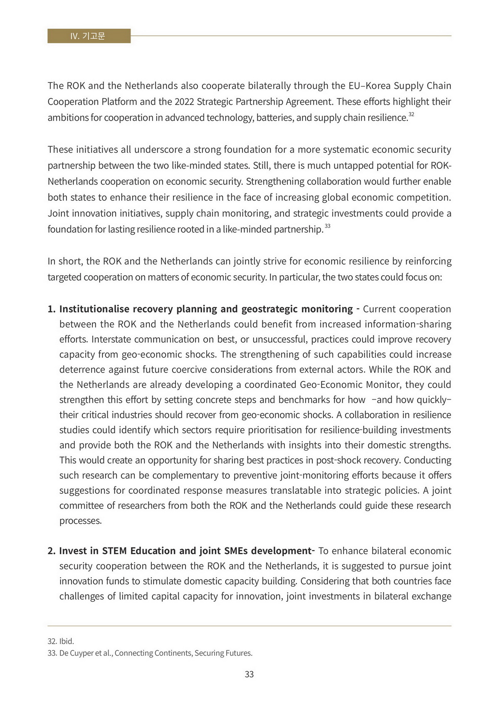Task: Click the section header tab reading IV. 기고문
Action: point(89,36)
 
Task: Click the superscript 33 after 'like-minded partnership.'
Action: point(328,226)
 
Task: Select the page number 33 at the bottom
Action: point(249,675)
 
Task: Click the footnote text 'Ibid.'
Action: point(67,641)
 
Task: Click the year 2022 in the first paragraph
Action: point(184,102)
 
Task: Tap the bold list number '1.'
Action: point(52,309)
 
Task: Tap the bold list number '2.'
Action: point(52,551)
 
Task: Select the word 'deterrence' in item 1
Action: point(82,370)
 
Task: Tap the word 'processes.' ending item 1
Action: point(81,521)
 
